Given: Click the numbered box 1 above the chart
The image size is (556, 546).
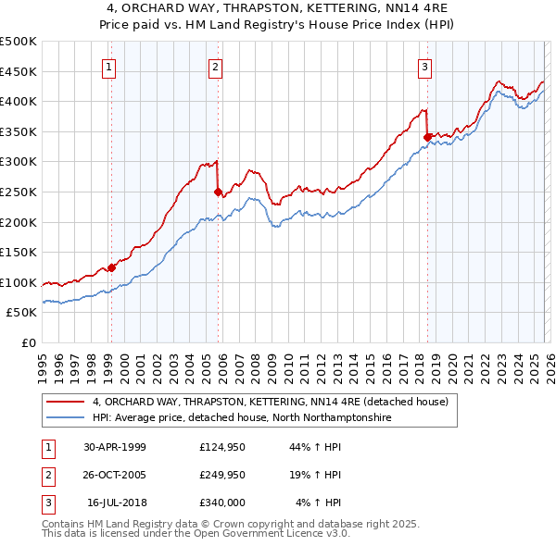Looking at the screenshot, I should (x=109, y=66).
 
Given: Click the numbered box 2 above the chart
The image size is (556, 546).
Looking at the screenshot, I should (x=215, y=66).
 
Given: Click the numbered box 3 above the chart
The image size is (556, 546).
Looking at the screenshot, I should (x=424, y=66).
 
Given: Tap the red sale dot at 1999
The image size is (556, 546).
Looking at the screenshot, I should (x=111, y=267).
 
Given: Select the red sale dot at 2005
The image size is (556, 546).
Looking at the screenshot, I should (x=219, y=192).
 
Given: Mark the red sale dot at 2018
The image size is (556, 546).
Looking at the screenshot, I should (x=427, y=138).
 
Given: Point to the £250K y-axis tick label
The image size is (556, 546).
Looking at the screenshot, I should (x=19, y=192).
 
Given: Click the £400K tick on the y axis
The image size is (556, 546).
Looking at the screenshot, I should (x=19, y=102).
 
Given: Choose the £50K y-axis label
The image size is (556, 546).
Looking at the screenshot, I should (x=22, y=313).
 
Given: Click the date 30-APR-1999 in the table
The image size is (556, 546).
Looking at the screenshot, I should (x=115, y=447).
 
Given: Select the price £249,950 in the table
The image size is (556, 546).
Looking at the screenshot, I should (x=222, y=475).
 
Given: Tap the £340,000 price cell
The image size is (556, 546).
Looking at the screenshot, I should (x=222, y=503).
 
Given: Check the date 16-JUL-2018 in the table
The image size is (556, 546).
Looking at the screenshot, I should (x=117, y=503).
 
